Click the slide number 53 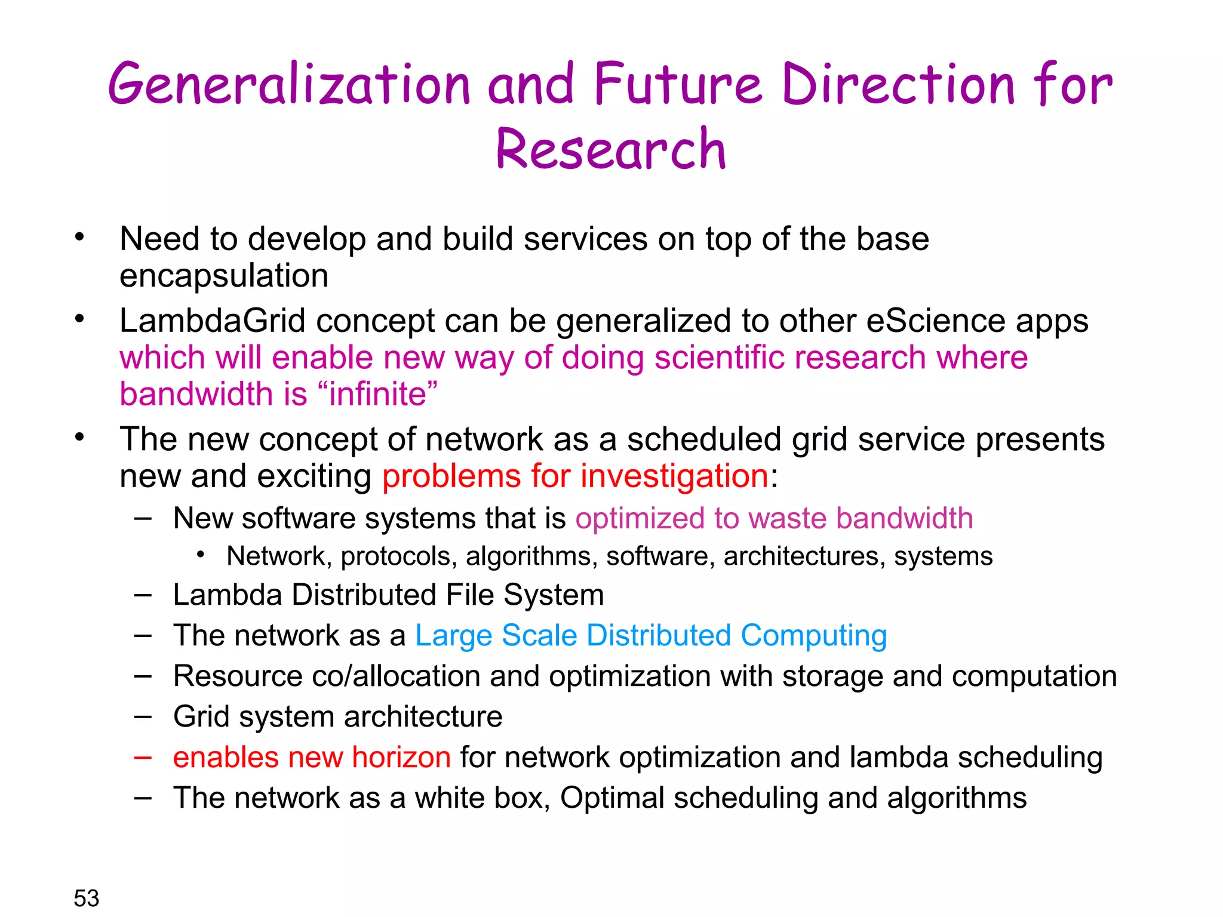tap(86, 898)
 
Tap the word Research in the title tap(610, 149)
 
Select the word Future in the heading tap(678, 85)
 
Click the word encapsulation tap(224, 276)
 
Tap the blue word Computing tap(813, 635)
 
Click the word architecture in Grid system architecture tap(423, 716)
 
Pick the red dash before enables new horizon tap(143, 757)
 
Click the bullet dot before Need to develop tap(79, 238)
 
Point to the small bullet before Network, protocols tap(201, 555)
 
